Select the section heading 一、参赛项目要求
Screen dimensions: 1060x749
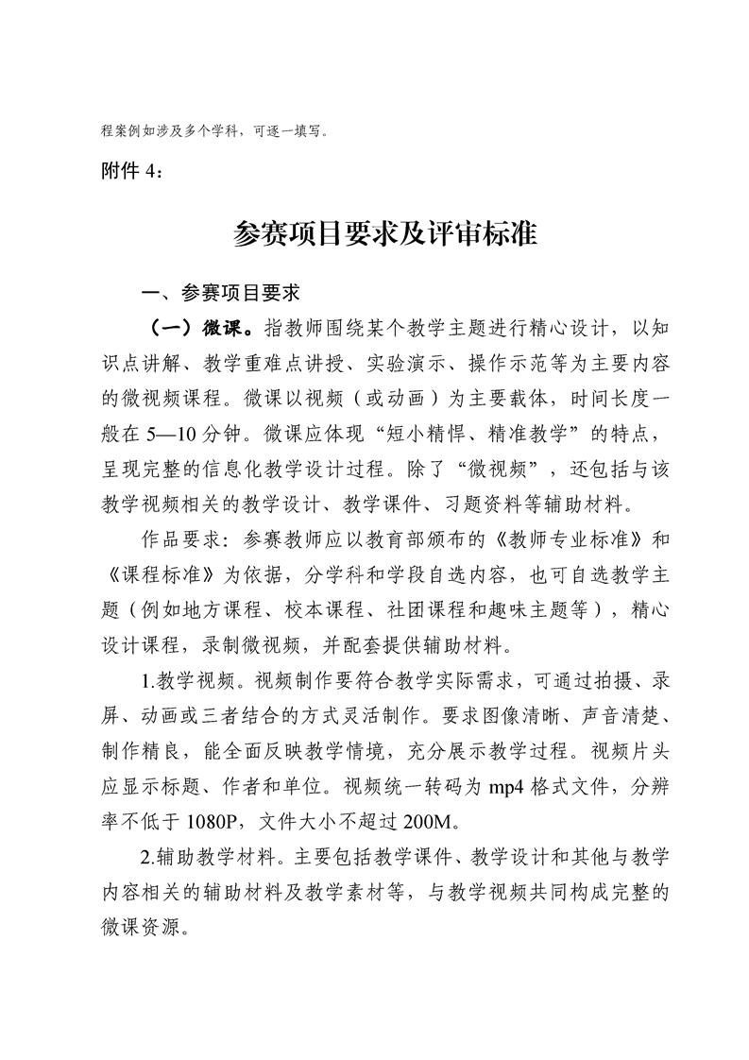tap(206, 293)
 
